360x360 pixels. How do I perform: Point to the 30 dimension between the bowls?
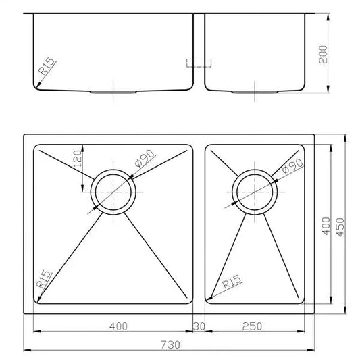[199, 327]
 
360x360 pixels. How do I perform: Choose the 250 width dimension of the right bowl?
[251, 327]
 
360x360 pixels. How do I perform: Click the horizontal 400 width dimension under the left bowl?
[118, 327]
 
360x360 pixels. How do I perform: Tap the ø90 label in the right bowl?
[290, 165]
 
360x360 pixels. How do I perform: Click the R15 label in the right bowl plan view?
[230, 283]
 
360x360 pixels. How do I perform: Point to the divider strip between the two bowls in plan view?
[199, 223]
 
